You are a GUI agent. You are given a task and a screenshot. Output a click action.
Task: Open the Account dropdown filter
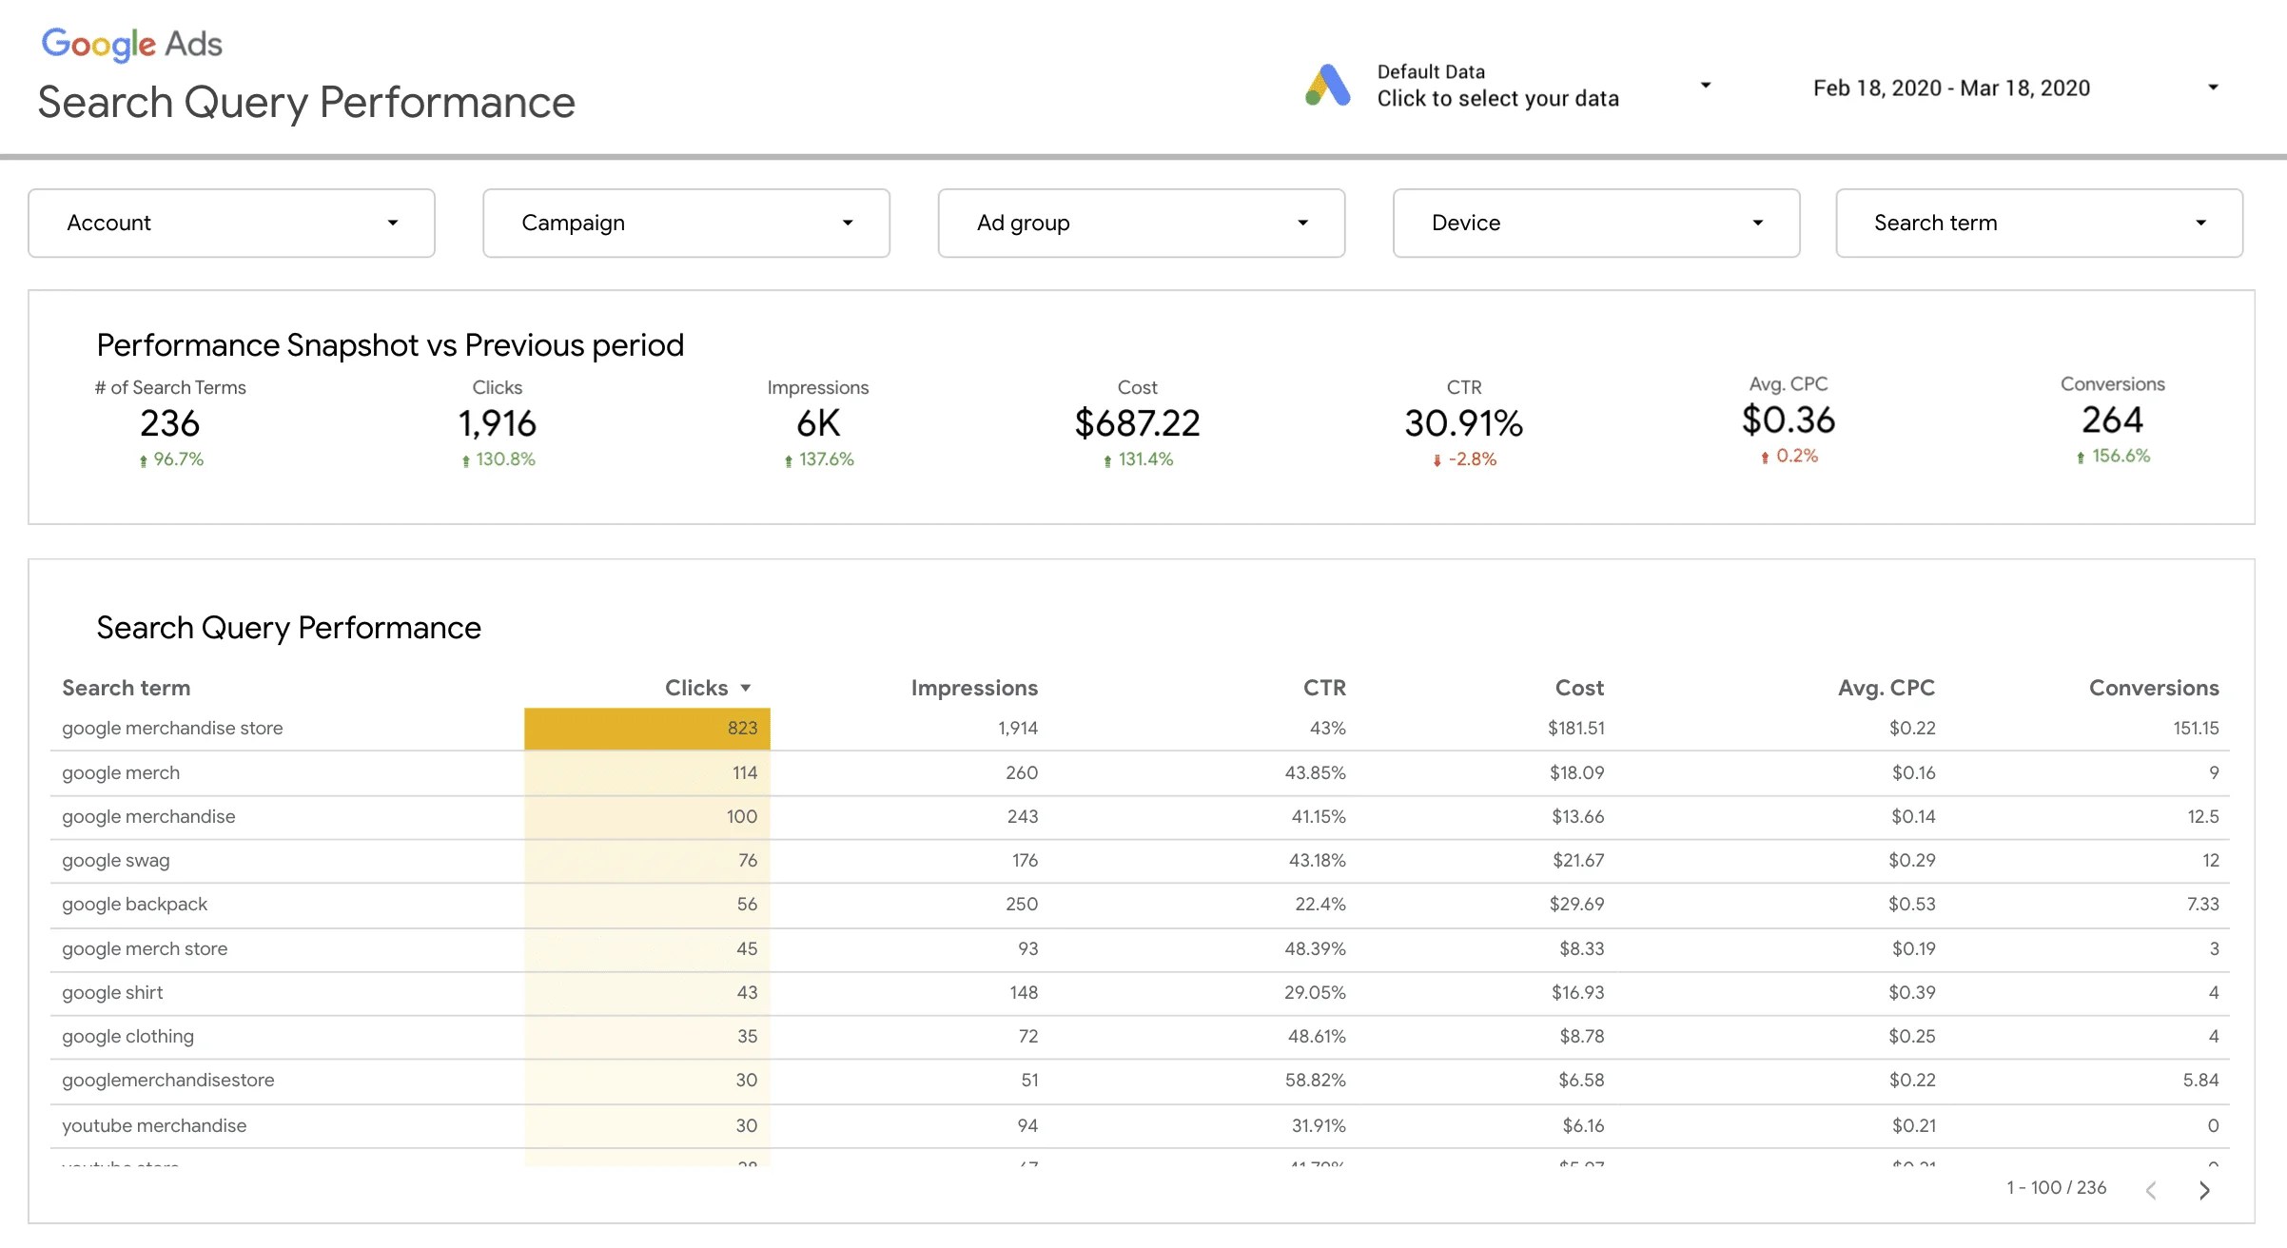231,223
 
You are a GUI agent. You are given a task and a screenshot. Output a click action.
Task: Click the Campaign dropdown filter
686,223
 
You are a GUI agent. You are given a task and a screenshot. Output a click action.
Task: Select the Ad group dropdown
1141,223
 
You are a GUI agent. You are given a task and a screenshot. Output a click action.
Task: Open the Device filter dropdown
1595,223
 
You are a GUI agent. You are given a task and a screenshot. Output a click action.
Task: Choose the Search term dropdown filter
2039,223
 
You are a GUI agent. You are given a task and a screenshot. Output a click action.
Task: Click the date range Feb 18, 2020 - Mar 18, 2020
1951,88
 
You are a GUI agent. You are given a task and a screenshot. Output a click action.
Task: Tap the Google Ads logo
131,44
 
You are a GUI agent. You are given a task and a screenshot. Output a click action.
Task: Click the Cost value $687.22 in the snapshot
1137,423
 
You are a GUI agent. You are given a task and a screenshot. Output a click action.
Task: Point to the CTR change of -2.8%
1471,459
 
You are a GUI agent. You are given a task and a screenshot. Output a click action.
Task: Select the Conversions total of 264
2112,420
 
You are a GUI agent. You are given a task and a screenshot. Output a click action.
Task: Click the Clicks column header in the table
696,688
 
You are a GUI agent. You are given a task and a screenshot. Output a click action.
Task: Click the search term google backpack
134,905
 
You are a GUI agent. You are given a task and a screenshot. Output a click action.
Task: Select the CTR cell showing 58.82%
1316,1081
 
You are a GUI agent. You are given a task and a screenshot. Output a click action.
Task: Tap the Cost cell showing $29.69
1576,905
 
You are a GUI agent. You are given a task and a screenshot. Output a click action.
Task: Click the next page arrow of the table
2204,1190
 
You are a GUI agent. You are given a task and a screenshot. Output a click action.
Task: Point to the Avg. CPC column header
1886,688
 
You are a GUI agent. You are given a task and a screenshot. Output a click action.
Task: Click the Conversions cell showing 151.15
2195,729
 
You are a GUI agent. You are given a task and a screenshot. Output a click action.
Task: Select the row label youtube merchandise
154,1126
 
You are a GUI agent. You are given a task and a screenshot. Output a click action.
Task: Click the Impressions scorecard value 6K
818,423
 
